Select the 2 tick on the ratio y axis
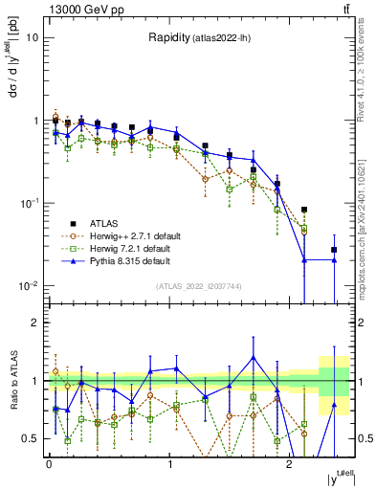pyautogui.click(x=36, y=323)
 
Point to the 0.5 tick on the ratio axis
pyautogui.click(x=33, y=438)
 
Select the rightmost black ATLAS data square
pyautogui.click(x=334, y=250)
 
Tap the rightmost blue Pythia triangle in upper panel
pyautogui.click(x=334, y=259)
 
